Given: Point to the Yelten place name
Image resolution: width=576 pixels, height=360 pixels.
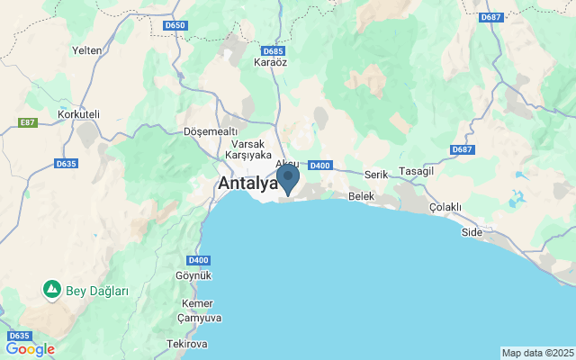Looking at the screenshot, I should point(87,50).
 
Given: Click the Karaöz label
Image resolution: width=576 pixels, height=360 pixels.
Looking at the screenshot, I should point(270,62).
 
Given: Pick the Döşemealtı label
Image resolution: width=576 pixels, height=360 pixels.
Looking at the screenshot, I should point(208,130).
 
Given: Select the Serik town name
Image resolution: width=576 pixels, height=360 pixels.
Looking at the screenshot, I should point(376,174).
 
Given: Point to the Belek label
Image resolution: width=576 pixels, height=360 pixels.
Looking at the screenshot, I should point(361,195).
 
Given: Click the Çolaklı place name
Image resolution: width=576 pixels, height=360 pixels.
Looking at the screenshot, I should point(445,207).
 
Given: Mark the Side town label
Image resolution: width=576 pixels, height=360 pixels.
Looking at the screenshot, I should point(472,232).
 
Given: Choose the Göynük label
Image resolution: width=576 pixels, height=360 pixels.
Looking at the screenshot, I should point(193,274).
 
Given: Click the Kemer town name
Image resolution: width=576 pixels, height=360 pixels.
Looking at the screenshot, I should point(197,303).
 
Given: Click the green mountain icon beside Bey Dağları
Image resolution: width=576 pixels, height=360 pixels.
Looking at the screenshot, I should point(52,290).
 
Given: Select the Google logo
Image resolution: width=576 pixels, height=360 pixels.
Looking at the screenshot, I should point(30,349).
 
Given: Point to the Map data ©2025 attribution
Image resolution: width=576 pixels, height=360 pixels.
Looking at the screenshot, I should point(537,353).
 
